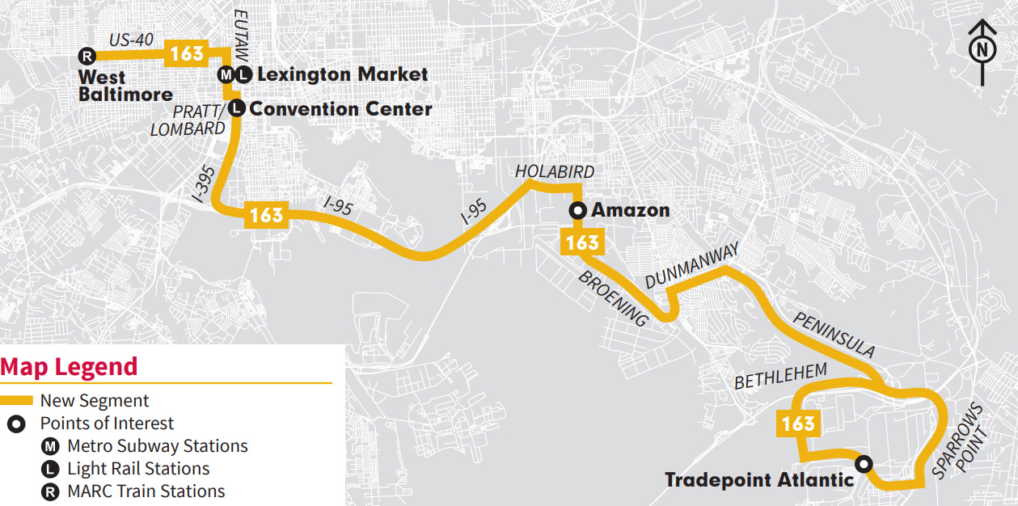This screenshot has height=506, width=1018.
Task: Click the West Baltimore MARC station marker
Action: pos(87,56)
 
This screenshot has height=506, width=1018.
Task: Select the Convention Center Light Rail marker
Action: pos(237,108)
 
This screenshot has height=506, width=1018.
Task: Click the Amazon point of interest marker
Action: pos(578,211)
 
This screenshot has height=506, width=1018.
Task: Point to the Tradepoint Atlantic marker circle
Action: pos(864,464)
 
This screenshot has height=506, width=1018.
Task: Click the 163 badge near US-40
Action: pos(187,55)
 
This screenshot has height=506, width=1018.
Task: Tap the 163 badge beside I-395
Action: pos(266,215)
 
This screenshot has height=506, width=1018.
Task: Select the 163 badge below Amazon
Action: pos(582,242)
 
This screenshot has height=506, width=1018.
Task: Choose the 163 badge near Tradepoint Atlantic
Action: pos(798,424)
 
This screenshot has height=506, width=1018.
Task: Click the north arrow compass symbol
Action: pos(982,50)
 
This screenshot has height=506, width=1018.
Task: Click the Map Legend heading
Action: pos(70,366)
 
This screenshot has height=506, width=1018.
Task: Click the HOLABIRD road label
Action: pos(555,171)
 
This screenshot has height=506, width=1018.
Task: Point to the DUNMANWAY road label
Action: pos(691,267)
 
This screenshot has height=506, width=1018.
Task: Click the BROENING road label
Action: pos(614,297)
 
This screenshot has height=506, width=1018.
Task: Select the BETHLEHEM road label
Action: pos(780,377)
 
